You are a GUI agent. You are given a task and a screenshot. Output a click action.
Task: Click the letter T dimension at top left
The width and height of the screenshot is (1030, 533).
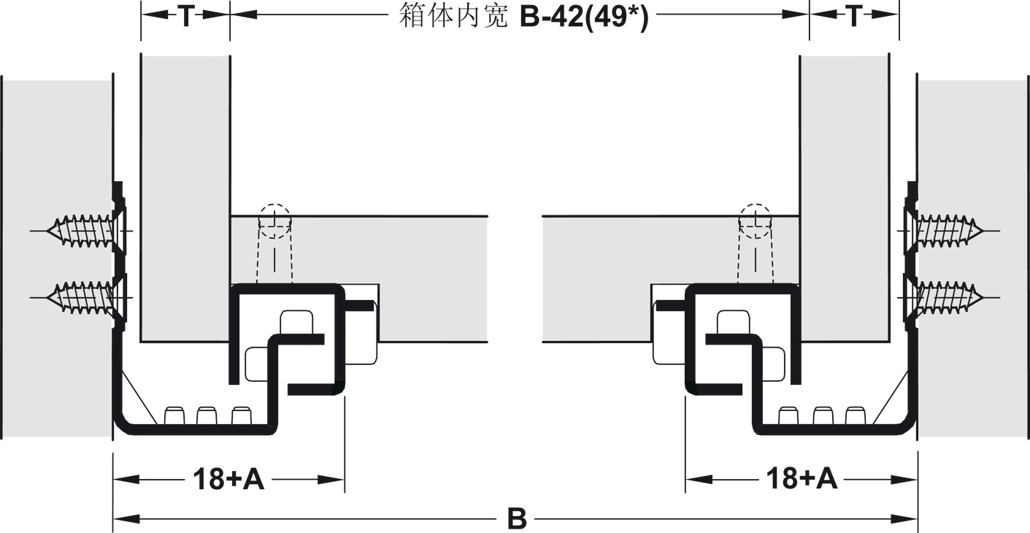pyautogui.click(x=185, y=17)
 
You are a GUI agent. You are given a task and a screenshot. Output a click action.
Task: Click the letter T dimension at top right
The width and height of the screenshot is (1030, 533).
pyautogui.click(x=854, y=17)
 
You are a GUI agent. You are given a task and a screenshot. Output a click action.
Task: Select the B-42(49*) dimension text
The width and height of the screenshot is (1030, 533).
pyautogui.click(x=583, y=17)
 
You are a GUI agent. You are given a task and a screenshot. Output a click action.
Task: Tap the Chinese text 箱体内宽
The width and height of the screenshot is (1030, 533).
pyautogui.click(x=453, y=15)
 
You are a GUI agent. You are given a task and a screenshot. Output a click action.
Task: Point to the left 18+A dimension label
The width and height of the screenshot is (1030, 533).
pyautogui.click(x=228, y=480)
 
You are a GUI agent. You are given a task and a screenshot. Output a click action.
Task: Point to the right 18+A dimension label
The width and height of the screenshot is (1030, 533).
pyautogui.click(x=802, y=480)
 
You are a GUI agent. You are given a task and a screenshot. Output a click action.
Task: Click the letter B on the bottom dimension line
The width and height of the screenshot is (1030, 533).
pyautogui.click(x=516, y=519)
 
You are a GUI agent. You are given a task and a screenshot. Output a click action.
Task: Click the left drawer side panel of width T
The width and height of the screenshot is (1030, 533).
pyautogui.click(x=185, y=197)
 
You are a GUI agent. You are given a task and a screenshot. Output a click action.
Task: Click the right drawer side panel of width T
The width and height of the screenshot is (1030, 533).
pyautogui.click(x=845, y=197)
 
